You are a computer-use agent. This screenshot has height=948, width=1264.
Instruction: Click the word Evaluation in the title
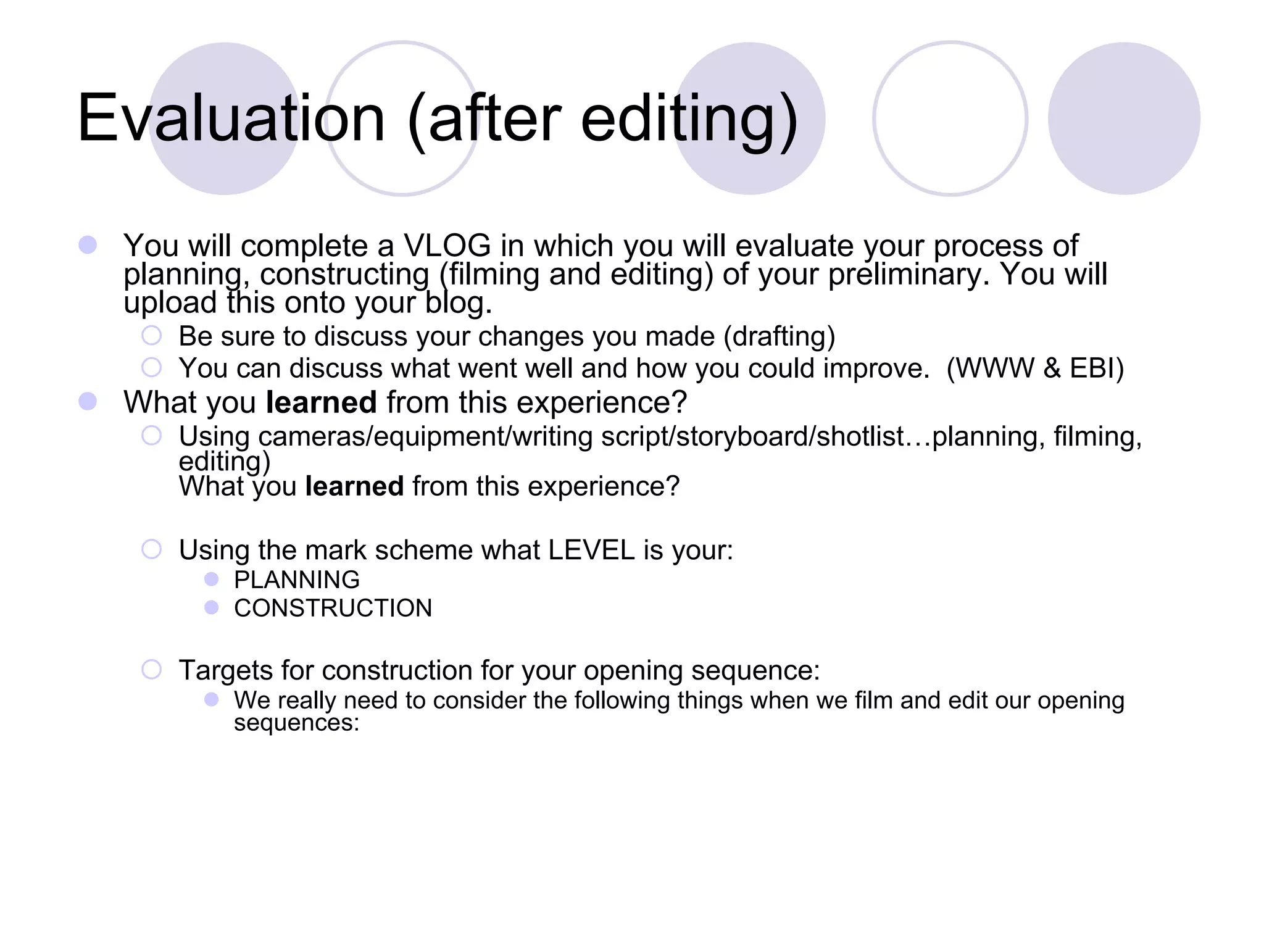tap(231, 118)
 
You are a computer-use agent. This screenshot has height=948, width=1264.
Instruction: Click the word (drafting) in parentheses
tap(779, 337)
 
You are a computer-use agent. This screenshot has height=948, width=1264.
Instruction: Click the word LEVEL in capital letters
tap(591, 550)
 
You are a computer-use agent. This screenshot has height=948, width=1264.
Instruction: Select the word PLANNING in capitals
tap(297, 580)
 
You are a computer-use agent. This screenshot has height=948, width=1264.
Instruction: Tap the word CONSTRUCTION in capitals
tap(333, 609)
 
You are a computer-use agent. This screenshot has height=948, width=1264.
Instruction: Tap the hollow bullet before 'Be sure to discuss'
tap(151, 336)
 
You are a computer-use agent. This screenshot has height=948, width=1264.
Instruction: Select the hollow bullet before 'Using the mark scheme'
tap(151, 549)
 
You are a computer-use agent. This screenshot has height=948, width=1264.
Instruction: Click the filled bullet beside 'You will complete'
tap(88, 245)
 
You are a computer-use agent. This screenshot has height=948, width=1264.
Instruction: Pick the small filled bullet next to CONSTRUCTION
tap(212, 607)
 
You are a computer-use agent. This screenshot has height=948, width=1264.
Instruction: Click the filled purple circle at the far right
tap(1124, 118)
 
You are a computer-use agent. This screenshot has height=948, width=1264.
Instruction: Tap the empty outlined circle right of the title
tap(950, 118)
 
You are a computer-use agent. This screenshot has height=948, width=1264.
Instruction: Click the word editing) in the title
tap(689, 118)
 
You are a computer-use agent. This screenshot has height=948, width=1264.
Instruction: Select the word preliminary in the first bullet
tap(908, 275)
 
